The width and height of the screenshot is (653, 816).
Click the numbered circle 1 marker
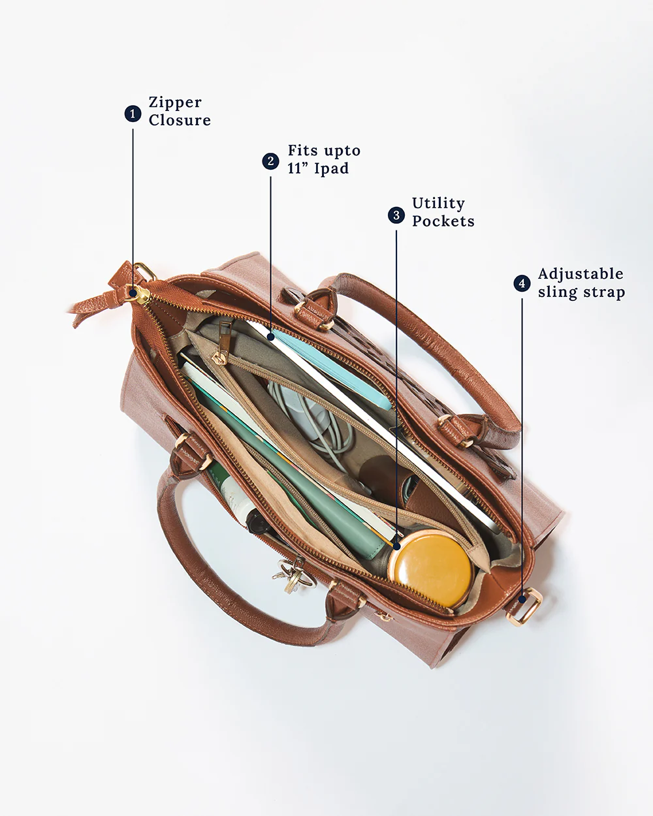(133, 114)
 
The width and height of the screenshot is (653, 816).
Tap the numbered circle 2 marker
(270, 161)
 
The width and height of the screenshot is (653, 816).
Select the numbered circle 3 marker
(396, 215)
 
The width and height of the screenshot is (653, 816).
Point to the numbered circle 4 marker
(522, 283)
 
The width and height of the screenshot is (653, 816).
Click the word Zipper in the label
(175, 102)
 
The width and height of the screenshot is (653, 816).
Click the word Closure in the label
(180, 120)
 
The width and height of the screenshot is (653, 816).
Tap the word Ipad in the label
(331, 168)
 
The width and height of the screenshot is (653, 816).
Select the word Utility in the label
(438, 204)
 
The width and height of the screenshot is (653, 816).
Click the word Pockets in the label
(443, 221)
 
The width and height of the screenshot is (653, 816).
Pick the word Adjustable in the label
(581, 274)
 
